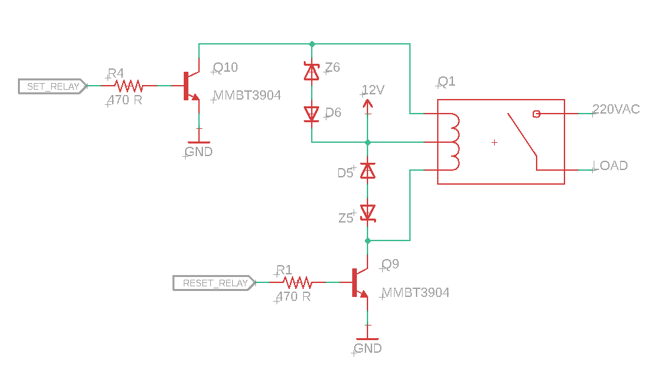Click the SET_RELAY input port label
pos(52,86)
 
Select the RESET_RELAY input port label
pos(214,283)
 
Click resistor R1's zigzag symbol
pos(297,282)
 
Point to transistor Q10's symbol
pos(191,86)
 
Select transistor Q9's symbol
pos(359,282)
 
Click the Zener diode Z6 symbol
pos(311,72)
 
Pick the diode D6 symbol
pos(311,114)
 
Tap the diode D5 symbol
pos(367,171)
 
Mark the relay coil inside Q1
pos(454,142)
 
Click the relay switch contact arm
pos(523,136)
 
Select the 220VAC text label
pos(616,110)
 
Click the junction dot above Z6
pos(311,44)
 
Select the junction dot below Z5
pos(367,240)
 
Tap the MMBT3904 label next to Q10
pos(247,96)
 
